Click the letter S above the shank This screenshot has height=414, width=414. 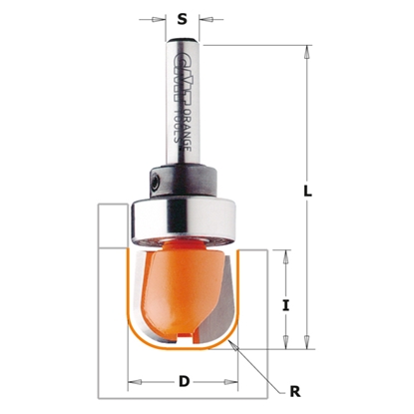coord(182,16)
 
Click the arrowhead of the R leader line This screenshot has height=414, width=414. coord(231,340)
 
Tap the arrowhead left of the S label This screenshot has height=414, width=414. coord(162,18)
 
